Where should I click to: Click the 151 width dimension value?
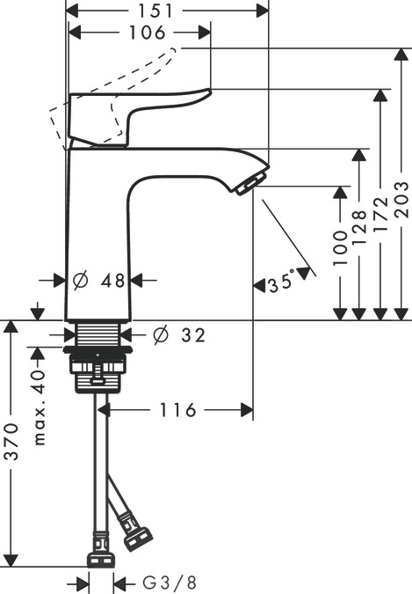(x=167, y=10)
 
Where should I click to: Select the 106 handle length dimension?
(x=141, y=33)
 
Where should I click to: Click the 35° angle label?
(x=283, y=283)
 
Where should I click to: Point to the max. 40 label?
(x=38, y=406)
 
